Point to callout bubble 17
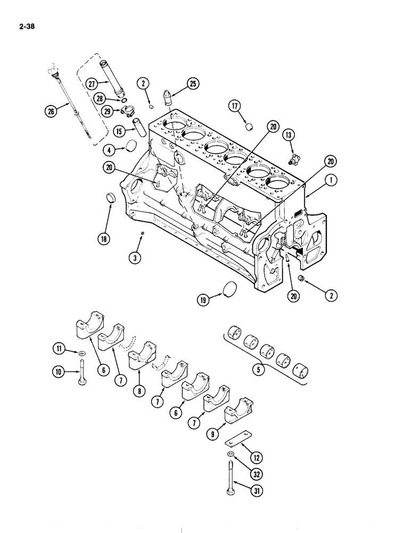[235, 106]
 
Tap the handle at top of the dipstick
[52, 70]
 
